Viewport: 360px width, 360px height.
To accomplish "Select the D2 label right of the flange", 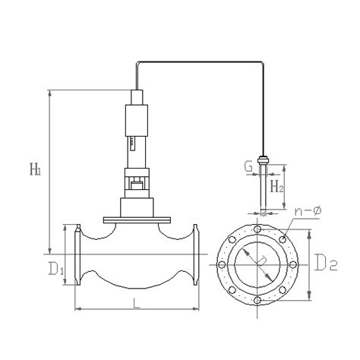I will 327,265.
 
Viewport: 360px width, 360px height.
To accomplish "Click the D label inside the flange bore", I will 261,262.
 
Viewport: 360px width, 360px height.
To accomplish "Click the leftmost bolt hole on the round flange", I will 223,265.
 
